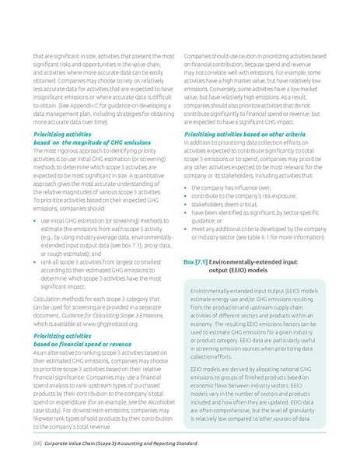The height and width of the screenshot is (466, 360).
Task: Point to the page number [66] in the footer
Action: [x=36, y=443]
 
